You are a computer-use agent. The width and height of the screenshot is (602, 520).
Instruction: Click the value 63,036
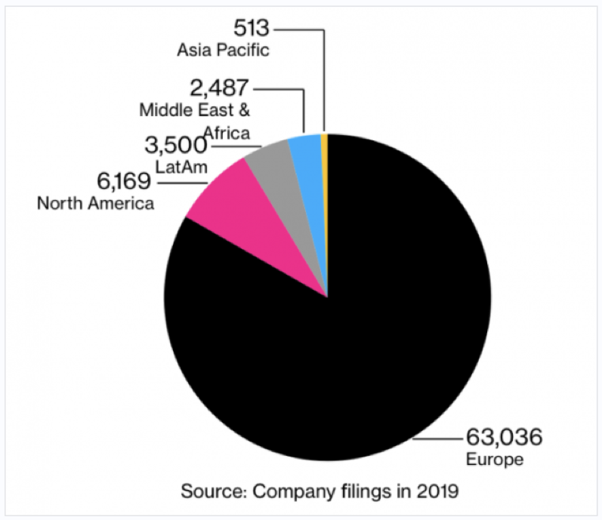pyautogui.click(x=502, y=437)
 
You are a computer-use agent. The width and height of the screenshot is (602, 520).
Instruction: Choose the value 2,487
pyautogui.click(x=213, y=88)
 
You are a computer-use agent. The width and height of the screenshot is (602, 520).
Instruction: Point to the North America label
pyautogui.click(x=96, y=204)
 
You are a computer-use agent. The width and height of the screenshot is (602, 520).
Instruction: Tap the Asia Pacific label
pyautogui.click(x=224, y=51)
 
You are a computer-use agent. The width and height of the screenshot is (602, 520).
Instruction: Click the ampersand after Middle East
pyautogui.click(x=244, y=109)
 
